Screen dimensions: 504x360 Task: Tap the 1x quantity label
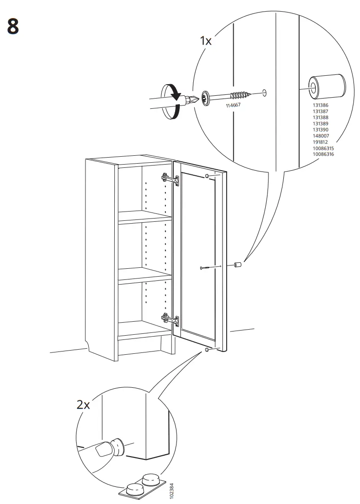(x=205, y=41)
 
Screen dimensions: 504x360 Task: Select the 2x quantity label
(x=84, y=405)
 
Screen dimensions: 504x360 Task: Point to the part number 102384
(x=172, y=490)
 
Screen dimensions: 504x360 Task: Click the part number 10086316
(x=323, y=154)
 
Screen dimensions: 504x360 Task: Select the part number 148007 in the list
(x=321, y=136)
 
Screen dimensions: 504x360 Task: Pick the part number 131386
(x=321, y=106)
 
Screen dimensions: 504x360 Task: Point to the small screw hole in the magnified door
(x=264, y=92)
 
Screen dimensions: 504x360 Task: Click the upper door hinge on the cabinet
(x=170, y=179)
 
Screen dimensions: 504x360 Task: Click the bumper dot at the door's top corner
(x=206, y=176)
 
